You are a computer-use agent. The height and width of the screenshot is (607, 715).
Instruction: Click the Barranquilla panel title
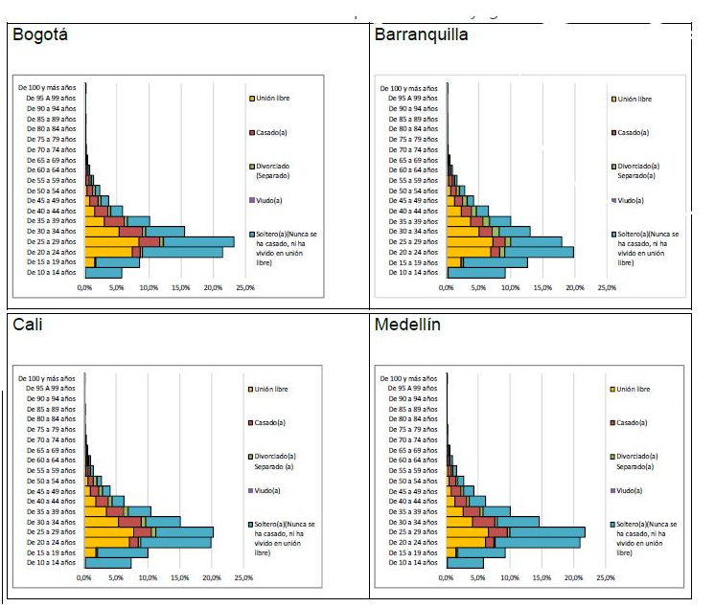[422, 35]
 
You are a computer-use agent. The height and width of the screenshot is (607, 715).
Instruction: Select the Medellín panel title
[407, 325]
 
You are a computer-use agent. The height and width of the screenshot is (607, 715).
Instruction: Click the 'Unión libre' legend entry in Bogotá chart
[273, 99]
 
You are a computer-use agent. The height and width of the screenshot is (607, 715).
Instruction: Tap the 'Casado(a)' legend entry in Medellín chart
[632, 422]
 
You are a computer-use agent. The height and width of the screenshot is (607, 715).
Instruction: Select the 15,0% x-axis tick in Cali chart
[180, 578]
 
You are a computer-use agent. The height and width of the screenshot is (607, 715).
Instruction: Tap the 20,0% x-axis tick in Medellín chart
[573, 578]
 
